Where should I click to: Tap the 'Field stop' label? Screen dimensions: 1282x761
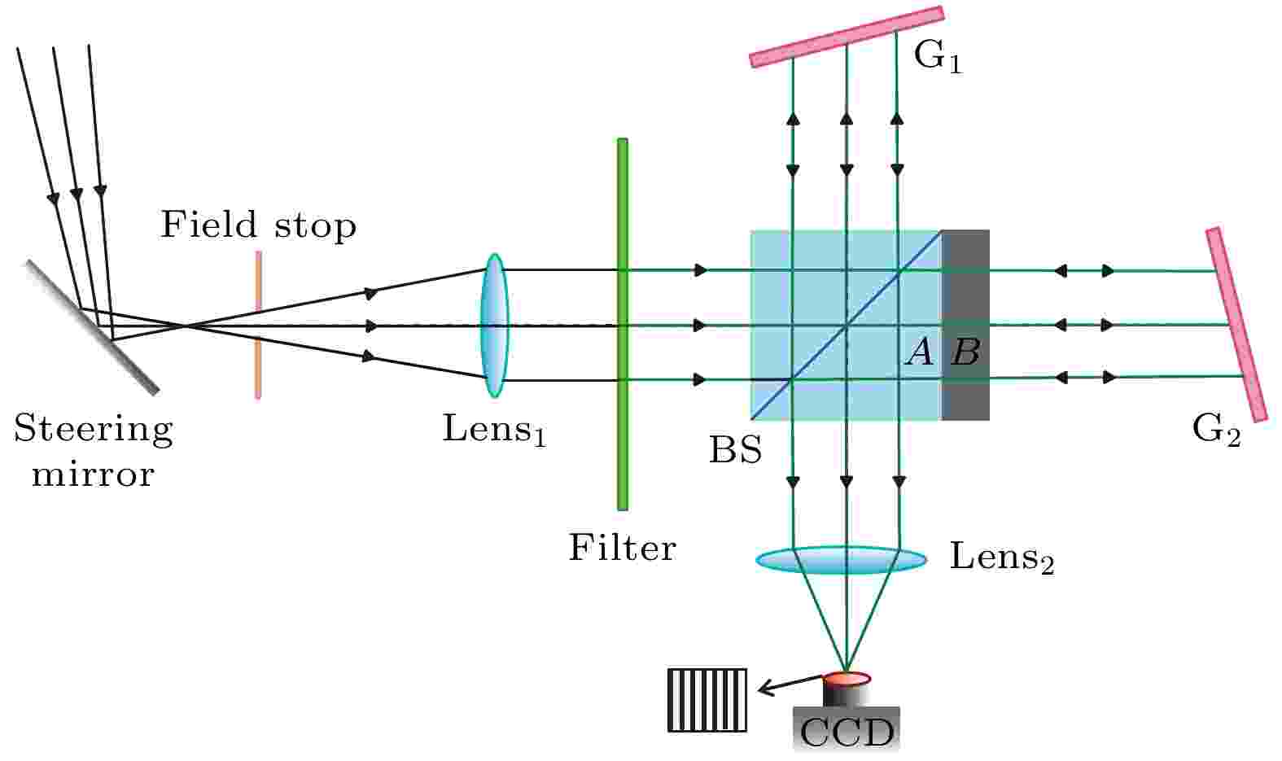(259, 225)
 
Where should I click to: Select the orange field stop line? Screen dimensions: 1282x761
(258, 325)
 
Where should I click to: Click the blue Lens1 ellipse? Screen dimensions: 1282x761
(494, 325)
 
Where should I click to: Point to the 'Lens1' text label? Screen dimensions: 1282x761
(495, 429)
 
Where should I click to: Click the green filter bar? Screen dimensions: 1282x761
(623, 324)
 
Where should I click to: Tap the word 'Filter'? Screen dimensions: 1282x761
(623, 548)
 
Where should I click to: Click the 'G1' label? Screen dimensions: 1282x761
(939, 57)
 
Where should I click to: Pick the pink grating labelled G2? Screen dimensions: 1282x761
(1236, 325)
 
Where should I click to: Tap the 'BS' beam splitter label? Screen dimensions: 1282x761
(736, 450)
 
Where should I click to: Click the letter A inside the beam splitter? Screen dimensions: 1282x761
(920, 352)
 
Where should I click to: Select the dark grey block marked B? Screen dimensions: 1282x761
(965, 325)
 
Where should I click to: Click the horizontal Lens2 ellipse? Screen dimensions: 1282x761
(842, 560)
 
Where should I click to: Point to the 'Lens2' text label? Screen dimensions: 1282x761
(1001, 558)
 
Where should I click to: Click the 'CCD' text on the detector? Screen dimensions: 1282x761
(847, 733)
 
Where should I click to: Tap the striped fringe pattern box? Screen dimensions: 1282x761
(707, 700)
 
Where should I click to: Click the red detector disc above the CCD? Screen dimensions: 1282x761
(847, 679)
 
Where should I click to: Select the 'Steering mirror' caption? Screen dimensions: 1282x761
(94, 451)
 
